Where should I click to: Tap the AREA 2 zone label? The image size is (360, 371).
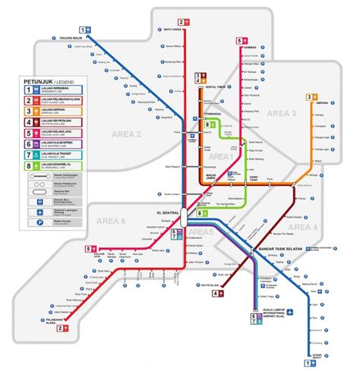130,134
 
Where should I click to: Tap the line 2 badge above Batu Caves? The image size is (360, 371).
182,22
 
